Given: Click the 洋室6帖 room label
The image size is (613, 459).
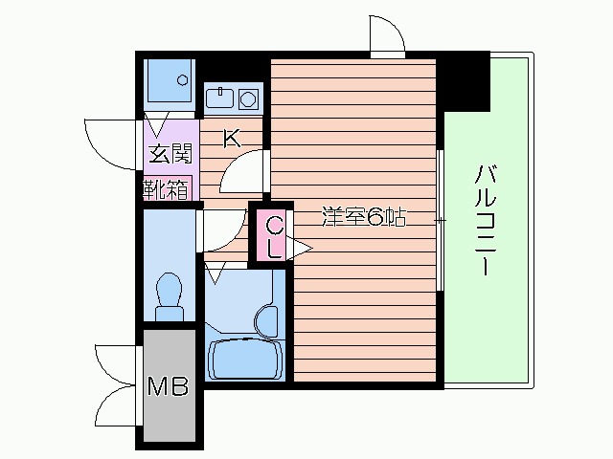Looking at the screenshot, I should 364,218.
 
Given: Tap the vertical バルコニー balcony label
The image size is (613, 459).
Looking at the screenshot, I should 484,219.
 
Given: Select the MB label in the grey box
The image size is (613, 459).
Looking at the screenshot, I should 169,387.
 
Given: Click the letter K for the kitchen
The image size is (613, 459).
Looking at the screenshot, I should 231,138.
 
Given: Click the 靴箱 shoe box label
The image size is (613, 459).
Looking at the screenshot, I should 168,188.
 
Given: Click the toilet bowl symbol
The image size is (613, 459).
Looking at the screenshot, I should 170,291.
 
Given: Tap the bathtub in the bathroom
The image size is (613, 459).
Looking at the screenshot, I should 244,358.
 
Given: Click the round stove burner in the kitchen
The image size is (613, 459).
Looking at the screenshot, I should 248,98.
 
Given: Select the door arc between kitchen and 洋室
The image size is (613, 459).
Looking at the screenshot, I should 241,172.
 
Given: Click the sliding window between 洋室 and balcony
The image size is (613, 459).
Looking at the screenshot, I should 440,219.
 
